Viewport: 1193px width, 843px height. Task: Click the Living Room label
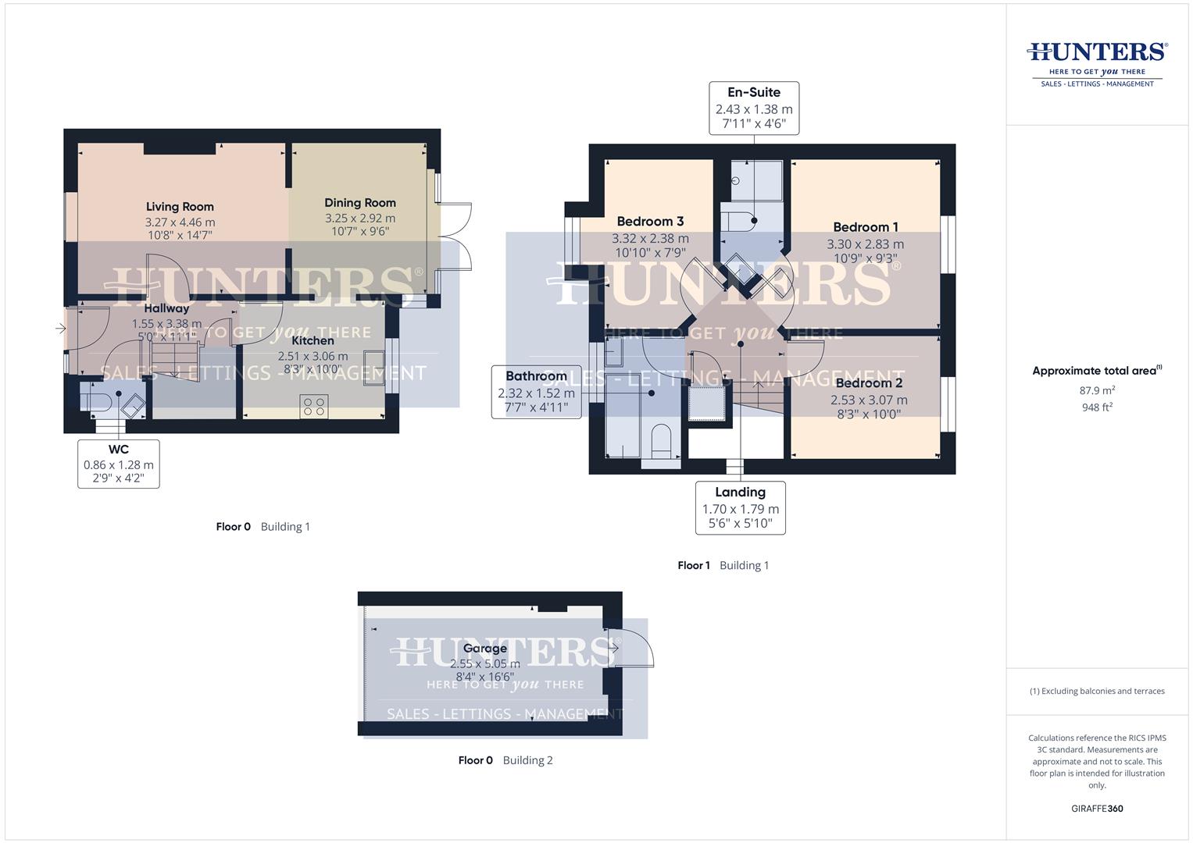tap(180, 207)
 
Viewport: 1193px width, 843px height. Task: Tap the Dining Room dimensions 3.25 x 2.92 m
tap(360, 219)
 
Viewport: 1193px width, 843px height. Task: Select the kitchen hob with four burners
tap(314, 405)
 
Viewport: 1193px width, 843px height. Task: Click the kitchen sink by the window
tap(373, 368)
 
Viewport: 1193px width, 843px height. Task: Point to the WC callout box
tap(119, 464)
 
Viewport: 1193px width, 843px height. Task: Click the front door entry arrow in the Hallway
tap(61, 329)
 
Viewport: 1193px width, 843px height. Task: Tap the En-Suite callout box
tap(754, 108)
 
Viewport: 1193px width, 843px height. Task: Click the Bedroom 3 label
tap(650, 222)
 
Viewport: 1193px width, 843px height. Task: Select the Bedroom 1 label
tap(866, 227)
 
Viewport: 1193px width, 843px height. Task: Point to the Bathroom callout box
tap(536, 392)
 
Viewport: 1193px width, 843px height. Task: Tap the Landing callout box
tap(740, 507)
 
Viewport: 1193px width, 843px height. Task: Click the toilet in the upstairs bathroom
tap(661, 440)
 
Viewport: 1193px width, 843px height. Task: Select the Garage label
tap(484, 649)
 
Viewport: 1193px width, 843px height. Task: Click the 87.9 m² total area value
tap(1097, 390)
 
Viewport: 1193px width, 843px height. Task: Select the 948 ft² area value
tap(1097, 407)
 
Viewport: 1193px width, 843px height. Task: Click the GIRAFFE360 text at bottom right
tap(1097, 809)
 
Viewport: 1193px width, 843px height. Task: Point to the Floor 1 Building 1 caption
tap(723, 565)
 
